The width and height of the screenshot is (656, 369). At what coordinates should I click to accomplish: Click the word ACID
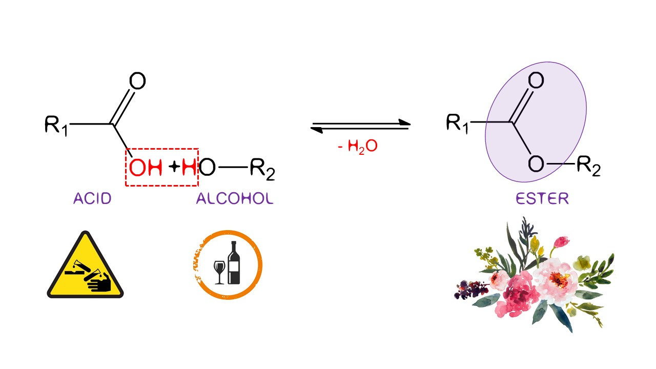(x=92, y=199)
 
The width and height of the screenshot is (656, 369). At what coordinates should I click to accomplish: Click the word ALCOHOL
(x=235, y=199)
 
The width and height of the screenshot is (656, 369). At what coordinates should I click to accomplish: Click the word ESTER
(x=542, y=199)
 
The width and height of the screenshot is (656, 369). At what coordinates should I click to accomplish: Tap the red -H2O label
(x=358, y=146)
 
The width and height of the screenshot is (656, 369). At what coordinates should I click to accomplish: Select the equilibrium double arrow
(x=361, y=126)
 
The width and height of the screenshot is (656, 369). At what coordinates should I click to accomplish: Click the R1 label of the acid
(x=56, y=125)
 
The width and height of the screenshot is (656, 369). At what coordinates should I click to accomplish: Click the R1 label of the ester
(x=457, y=124)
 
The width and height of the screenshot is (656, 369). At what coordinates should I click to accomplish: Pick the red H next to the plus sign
(x=189, y=168)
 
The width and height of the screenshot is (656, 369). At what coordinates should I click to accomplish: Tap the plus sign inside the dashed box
(x=175, y=167)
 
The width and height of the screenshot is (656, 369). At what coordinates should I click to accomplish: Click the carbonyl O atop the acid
(x=137, y=81)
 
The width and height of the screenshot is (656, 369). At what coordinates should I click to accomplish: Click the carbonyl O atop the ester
(x=536, y=80)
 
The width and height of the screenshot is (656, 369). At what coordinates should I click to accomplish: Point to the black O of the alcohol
(x=207, y=168)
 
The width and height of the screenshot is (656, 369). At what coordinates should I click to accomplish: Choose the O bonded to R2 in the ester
(x=536, y=165)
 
